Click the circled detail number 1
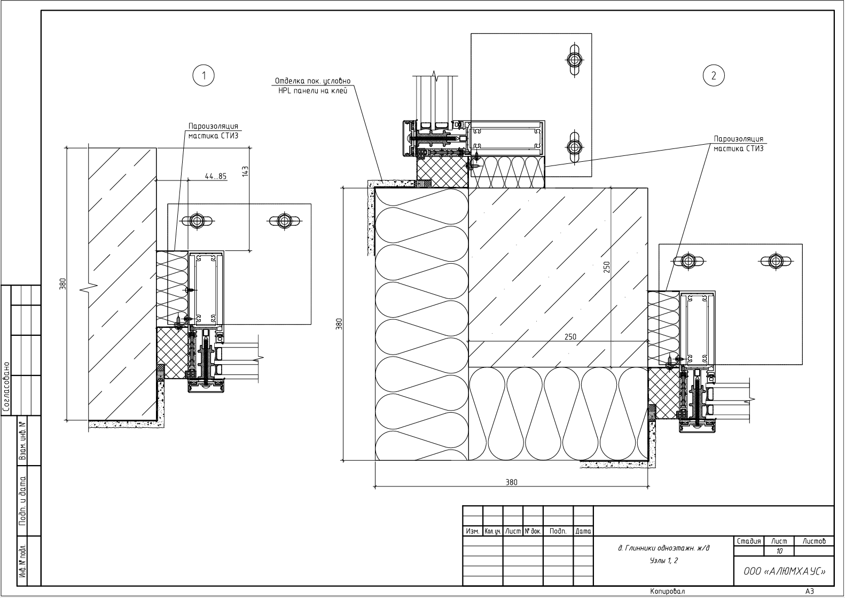[203, 76]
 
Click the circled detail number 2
[714, 75]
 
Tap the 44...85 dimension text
[215, 176]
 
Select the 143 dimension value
[245, 171]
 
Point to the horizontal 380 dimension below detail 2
[511, 482]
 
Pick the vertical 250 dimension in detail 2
[606, 267]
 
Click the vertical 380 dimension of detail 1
[62, 284]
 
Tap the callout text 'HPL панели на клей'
[312, 91]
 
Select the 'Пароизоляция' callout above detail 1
[213, 127]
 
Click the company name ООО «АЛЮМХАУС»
[784, 571]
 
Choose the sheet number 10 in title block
[779, 551]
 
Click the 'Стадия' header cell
[749, 541]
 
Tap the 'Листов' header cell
[814, 541]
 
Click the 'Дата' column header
[583, 531]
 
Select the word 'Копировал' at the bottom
[668, 592]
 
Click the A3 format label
[809, 591]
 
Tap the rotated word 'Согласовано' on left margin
[6, 388]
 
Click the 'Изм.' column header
[472, 531]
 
